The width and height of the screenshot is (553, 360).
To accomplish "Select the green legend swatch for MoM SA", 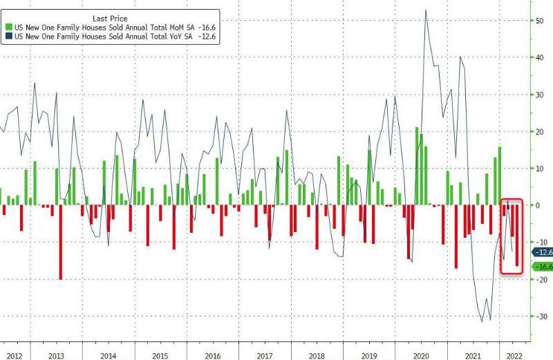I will coord(8,26).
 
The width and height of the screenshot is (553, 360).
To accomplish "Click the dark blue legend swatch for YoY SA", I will coord(8,36).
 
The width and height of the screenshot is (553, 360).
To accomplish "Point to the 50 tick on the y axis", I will coord(538,21).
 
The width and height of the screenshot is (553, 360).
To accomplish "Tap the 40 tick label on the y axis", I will coord(538,58).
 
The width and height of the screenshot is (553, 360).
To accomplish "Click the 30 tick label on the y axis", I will coord(538,95).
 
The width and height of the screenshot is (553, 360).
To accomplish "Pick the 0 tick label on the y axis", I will coord(539,205).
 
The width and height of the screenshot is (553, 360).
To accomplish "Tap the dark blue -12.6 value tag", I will coord(541,252).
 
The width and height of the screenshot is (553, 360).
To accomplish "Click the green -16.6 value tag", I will coord(541,267).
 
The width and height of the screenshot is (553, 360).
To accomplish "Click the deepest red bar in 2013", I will coord(61,242).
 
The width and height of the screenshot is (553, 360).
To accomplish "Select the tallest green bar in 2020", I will coord(417,166).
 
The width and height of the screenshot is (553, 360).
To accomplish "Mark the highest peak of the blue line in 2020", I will coord(425,10).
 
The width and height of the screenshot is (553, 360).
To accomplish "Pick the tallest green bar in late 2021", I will coord(500,176).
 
